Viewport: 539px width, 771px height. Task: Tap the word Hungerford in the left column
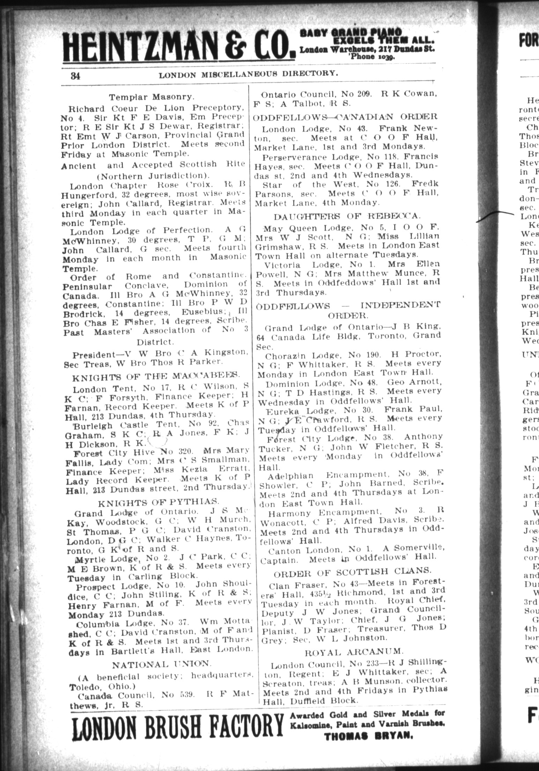tap(87, 194)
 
